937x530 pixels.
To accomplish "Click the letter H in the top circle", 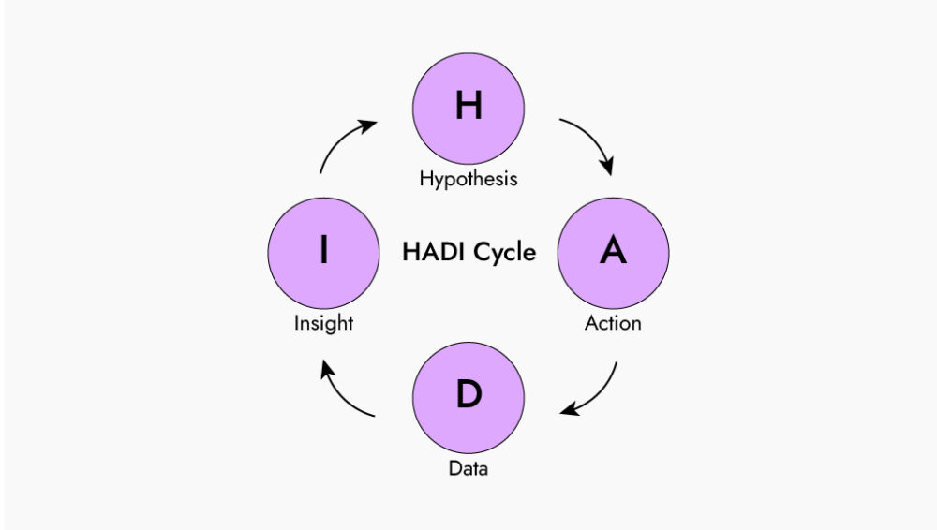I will click(468, 107).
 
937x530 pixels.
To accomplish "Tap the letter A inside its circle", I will click(613, 251).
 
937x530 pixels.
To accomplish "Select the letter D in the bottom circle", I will click(468, 395).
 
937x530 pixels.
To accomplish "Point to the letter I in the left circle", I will click(323, 251).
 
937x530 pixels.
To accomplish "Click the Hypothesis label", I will click(468, 178).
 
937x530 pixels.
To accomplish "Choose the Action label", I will click(613, 323).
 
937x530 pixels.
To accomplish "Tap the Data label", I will click(468, 467).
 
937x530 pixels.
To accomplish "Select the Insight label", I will click(323, 323).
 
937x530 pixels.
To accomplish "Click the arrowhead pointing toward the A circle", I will click(607, 168).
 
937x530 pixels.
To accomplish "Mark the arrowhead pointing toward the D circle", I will click(569, 410).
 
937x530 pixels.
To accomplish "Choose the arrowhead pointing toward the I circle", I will click(327, 370).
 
